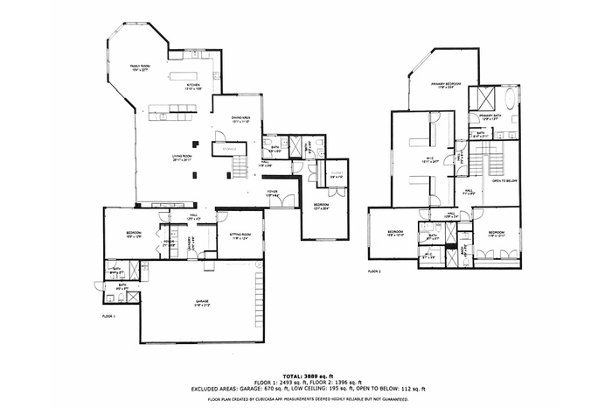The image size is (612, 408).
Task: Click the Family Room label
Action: [141, 67]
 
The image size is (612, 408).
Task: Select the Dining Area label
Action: [241, 118]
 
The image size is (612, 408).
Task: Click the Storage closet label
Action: [230, 150]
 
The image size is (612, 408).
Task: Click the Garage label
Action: [202, 302]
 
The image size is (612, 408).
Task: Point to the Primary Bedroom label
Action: [445, 85]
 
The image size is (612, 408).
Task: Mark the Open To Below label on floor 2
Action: [504, 180]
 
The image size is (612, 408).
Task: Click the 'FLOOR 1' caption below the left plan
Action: [108, 314]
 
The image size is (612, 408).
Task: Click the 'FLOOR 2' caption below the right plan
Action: [374, 272]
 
